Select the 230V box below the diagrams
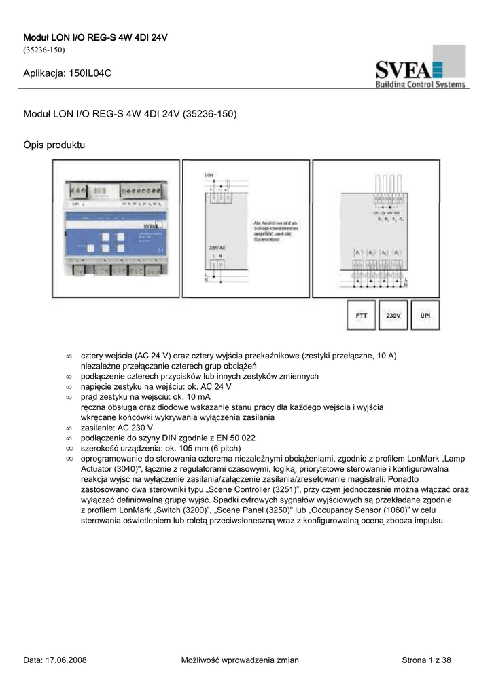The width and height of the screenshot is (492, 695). pos(393,316)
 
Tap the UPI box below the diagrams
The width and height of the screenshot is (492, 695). pos(425,316)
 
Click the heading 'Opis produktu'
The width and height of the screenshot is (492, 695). pos(54,145)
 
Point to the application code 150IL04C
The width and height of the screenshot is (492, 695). pos(85,73)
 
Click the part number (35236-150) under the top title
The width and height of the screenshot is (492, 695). pos(43,50)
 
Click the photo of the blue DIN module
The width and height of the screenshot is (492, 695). pos(117,229)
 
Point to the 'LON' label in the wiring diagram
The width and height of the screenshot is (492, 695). pos(209,176)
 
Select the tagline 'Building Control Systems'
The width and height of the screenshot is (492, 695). pos(420,84)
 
